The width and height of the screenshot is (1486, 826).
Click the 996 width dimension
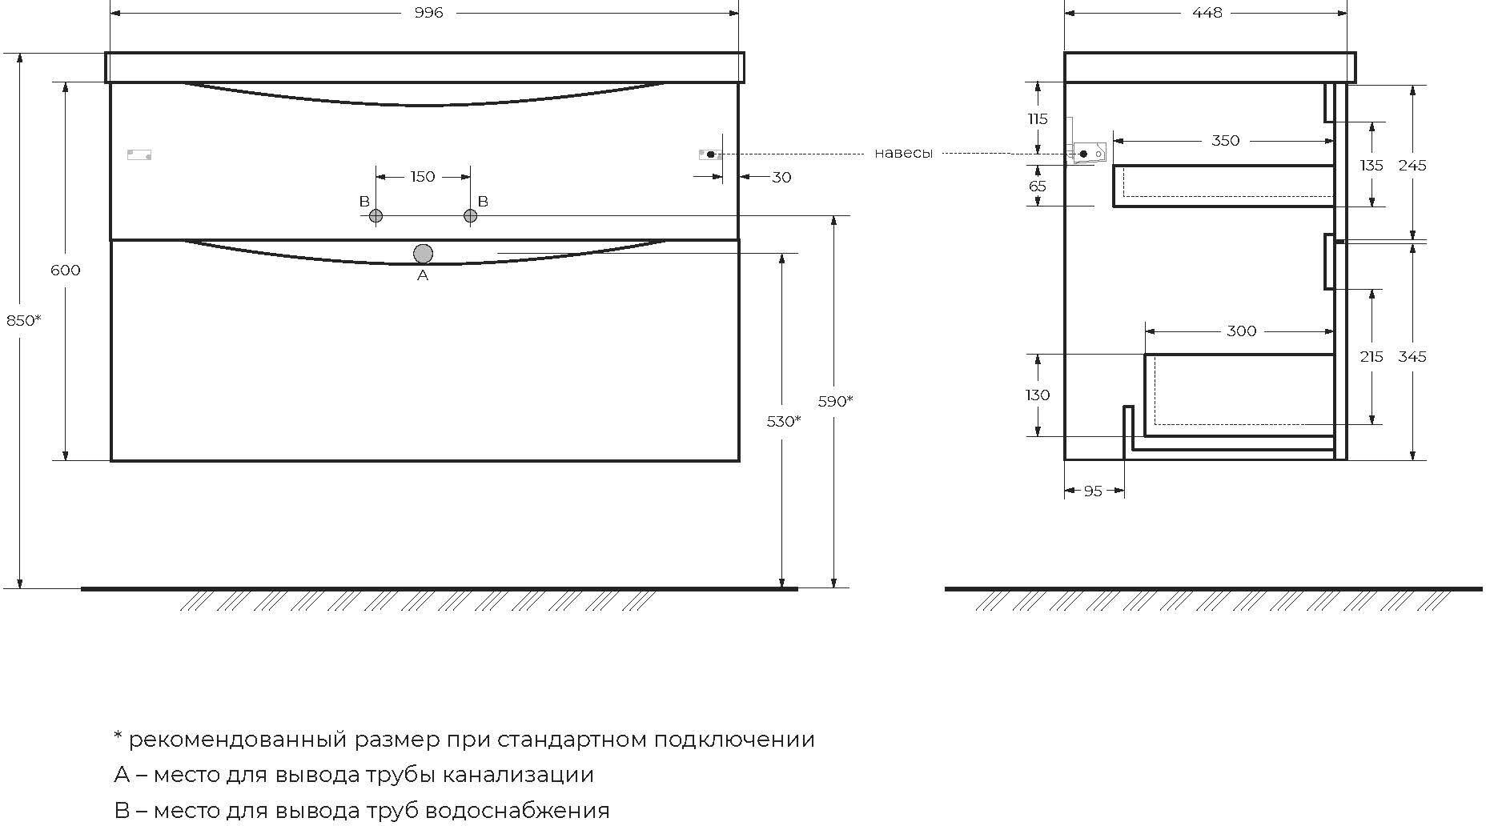pyautogui.click(x=429, y=13)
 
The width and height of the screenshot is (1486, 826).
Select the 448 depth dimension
pyautogui.click(x=1207, y=13)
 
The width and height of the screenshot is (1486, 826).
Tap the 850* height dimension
pyautogui.click(x=23, y=320)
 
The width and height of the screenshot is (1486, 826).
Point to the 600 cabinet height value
pyautogui.click(x=66, y=271)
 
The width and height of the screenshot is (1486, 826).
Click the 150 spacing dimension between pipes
pyautogui.click(x=423, y=177)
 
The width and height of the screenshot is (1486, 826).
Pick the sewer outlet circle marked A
pyautogui.click(x=423, y=254)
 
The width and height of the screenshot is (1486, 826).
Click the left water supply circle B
pyautogui.click(x=376, y=216)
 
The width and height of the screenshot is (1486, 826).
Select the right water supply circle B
pyautogui.click(x=470, y=216)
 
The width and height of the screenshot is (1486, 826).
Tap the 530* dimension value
pyautogui.click(x=783, y=421)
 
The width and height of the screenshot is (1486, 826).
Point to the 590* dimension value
pyautogui.click(x=835, y=401)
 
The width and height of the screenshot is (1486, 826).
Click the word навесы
pyautogui.click(x=903, y=153)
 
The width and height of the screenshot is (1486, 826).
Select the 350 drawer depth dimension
pyautogui.click(x=1225, y=141)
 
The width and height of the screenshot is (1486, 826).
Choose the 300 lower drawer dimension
pyautogui.click(x=1241, y=331)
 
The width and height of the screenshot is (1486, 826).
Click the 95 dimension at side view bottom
pyautogui.click(x=1093, y=491)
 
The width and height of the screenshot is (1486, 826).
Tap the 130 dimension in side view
pyautogui.click(x=1038, y=395)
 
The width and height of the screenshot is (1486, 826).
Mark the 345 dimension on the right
pyautogui.click(x=1412, y=356)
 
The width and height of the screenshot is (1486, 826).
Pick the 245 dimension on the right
pyautogui.click(x=1412, y=165)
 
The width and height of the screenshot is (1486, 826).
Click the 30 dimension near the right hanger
pyautogui.click(x=781, y=177)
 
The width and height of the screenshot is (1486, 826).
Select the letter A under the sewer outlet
pyautogui.click(x=423, y=275)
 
